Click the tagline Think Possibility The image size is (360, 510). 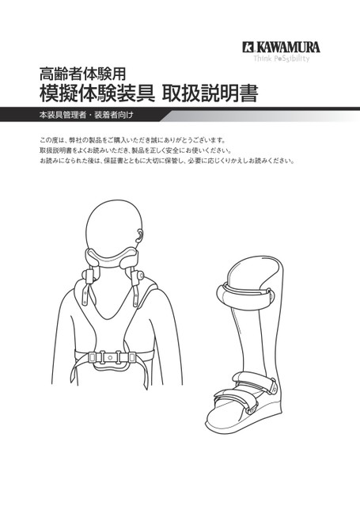pos(282,59)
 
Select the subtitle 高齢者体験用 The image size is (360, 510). pos(82,74)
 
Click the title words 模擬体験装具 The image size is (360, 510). pos(97,93)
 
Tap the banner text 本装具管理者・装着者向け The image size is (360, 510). pos(86,115)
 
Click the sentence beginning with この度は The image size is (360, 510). pos(132,140)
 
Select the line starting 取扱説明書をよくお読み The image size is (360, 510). pos(135,151)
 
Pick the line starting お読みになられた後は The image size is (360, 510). pos(167,162)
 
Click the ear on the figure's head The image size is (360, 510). pos(140,235)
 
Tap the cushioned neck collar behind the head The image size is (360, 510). pos(111,257)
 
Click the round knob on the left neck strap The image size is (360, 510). pos(87,275)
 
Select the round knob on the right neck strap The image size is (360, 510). pos(140,276)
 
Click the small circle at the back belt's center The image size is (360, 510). pos(110,357)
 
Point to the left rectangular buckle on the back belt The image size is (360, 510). pos(93,357)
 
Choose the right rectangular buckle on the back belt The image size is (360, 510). pos(131,357)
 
